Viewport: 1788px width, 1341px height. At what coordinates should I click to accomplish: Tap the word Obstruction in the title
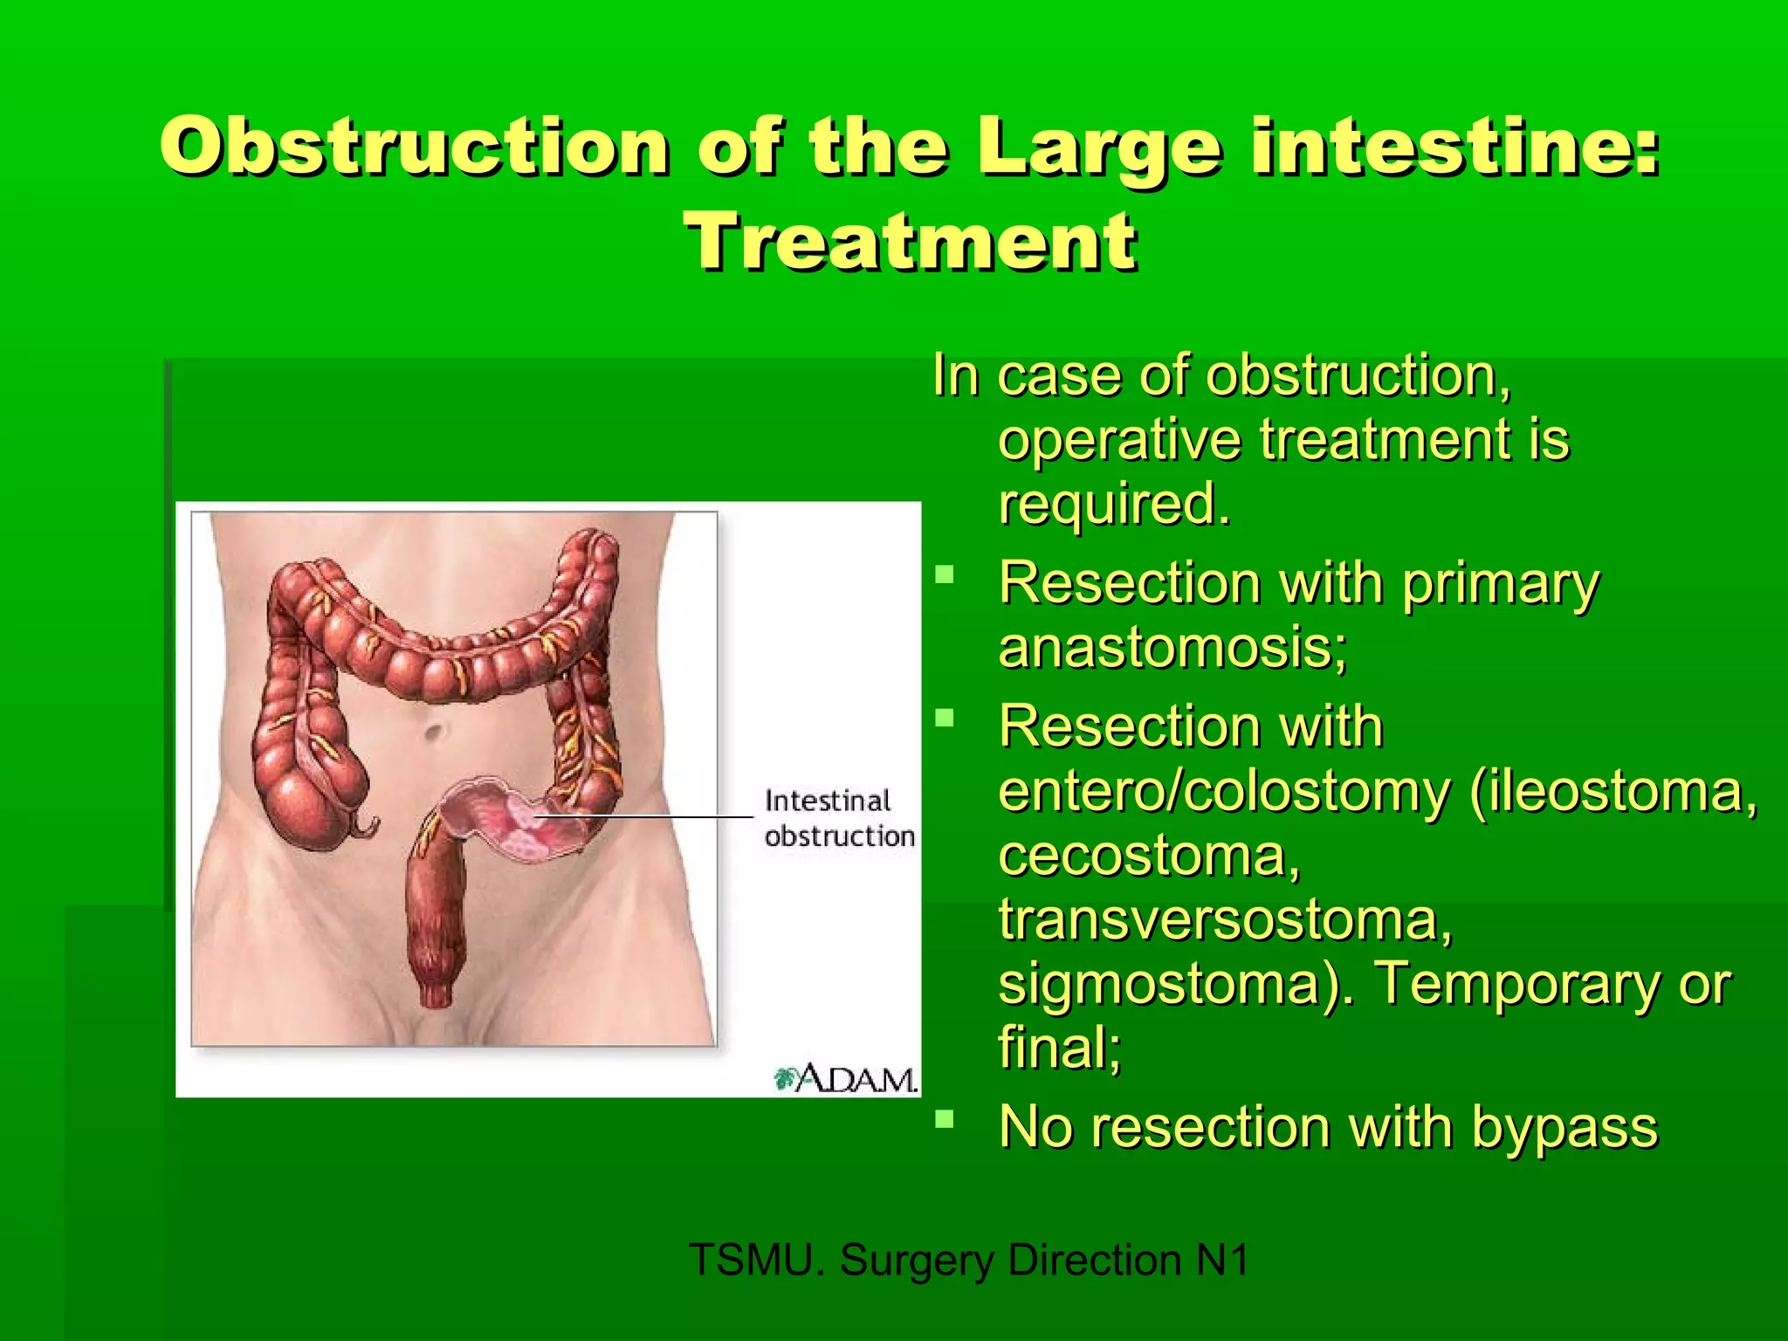tap(416, 147)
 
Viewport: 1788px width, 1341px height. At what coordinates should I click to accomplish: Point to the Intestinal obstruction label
tap(838, 818)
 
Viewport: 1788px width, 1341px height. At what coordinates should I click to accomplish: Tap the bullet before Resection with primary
tap(944, 574)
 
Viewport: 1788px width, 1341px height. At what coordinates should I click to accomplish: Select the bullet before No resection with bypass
tap(944, 1118)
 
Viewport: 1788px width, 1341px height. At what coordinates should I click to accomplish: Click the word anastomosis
tap(1170, 649)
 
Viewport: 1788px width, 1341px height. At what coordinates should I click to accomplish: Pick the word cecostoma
tap(1148, 856)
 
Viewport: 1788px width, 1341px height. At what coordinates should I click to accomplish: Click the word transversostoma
tap(1224, 920)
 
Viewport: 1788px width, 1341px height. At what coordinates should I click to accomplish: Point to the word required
tap(1113, 504)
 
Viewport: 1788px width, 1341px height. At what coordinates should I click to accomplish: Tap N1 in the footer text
tap(1222, 1260)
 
